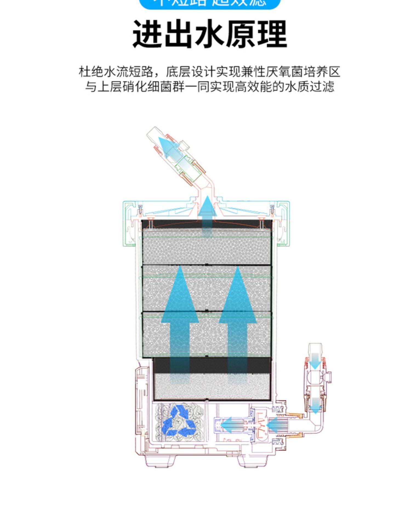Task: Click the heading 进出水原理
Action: click(x=210, y=34)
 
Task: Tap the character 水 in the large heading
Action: click(x=210, y=34)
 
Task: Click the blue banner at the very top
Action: click(x=210, y=3)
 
